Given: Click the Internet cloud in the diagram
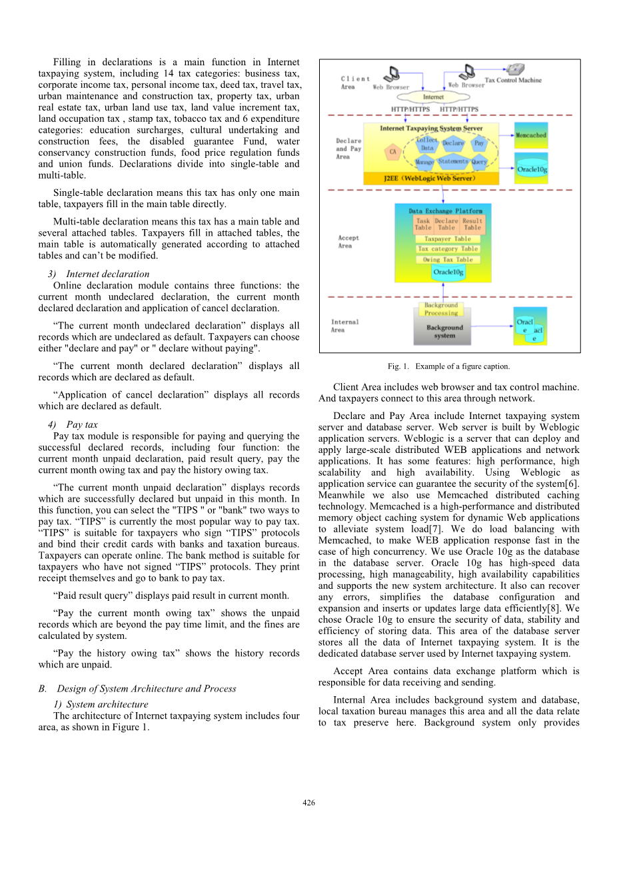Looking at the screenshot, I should tap(433, 97).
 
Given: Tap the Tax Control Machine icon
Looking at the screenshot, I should tap(514, 70).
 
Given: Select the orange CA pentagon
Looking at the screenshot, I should tap(393, 152).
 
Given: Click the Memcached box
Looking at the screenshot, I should tap(531, 135).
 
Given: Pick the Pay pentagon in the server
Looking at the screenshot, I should tap(479, 143).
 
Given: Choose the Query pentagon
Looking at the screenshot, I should tap(479, 161).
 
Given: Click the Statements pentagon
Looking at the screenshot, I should tap(452, 161).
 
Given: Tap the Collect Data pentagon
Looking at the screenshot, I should tap(427, 144).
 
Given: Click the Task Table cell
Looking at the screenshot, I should tap(423, 224).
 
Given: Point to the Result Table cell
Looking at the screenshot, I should tap(472, 224).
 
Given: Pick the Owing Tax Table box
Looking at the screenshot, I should tap(448, 260).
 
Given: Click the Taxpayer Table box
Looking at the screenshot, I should tap(448, 238).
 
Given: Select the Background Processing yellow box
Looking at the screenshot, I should tap(441, 309).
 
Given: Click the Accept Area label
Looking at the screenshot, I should tap(348, 242).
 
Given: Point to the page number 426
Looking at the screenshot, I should tap(308, 803).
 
